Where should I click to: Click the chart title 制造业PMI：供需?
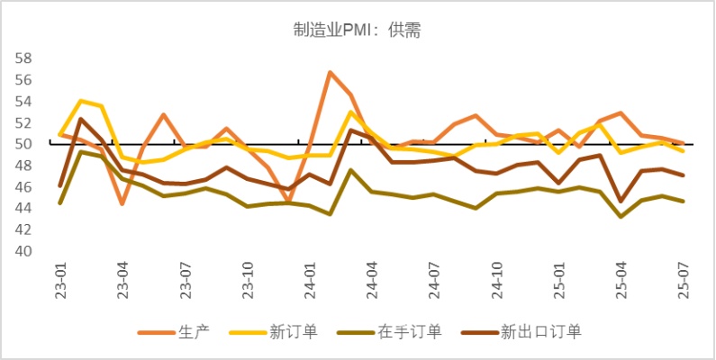pos(358,31)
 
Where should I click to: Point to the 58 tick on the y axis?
pos(24,58)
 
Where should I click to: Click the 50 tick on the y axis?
pos(24,144)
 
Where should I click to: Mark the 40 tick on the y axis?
pos(24,251)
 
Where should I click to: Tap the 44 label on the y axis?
pos(24,208)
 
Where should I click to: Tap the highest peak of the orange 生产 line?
pos(331,72)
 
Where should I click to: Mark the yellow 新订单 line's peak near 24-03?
pos(351,112)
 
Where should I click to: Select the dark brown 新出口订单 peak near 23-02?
pos(81,119)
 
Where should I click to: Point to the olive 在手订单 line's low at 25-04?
pos(621,216)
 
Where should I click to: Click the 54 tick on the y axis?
pos(24,101)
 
